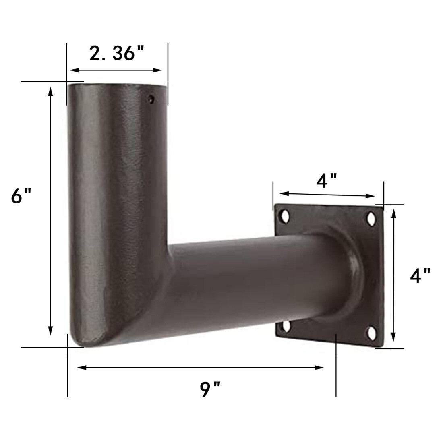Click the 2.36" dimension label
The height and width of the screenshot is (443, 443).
(117, 53)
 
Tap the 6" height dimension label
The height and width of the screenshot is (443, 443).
(21, 197)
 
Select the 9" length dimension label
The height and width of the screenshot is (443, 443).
(210, 389)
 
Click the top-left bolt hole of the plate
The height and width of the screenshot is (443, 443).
(286, 216)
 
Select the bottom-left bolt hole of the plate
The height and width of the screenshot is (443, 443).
(287, 326)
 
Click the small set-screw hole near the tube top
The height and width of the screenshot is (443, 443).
(151, 99)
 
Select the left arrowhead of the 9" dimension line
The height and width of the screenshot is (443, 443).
(81, 367)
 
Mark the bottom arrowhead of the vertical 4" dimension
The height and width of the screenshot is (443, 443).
(394, 338)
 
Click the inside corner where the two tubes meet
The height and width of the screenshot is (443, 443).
(168, 245)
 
